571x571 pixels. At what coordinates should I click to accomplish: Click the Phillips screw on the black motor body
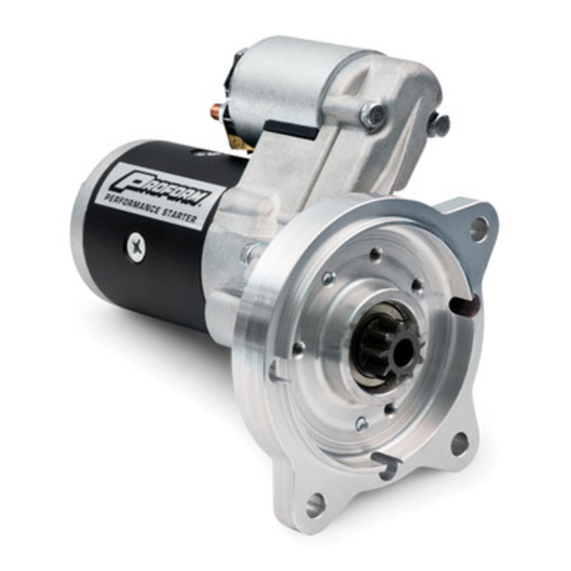(x=136, y=248)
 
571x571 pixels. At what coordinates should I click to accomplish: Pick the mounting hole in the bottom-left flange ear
(x=315, y=506)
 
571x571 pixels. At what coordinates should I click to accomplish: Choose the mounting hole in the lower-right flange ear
(x=460, y=443)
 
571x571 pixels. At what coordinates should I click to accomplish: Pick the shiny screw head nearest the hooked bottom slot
(x=362, y=424)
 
